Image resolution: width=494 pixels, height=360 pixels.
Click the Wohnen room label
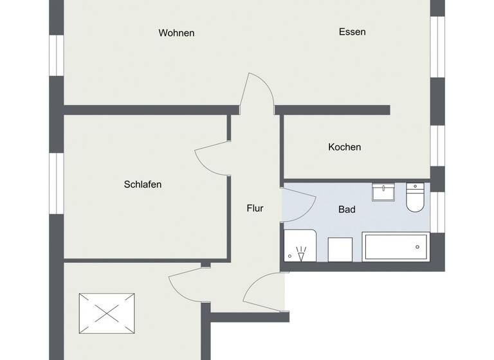click(x=176, y=33)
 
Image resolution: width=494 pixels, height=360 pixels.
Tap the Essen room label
click(x=352, y=32)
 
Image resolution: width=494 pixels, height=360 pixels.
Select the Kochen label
click(x=344, y=147)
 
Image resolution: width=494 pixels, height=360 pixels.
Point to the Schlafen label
click(x=142, y=184)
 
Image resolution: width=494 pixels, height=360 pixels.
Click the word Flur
click(x=255, y=208)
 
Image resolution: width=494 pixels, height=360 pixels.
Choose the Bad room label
click(x=347, y=209)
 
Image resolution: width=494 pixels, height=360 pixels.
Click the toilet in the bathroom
click(x=415, y=197)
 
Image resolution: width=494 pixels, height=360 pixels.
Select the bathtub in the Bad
click(x=395, y=246)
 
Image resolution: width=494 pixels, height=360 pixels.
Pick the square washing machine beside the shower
click(x=340, y=249)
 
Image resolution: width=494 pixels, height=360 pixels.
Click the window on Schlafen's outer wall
click(x=57, y=183)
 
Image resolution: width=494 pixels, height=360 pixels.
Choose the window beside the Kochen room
click(x=437, y=145)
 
